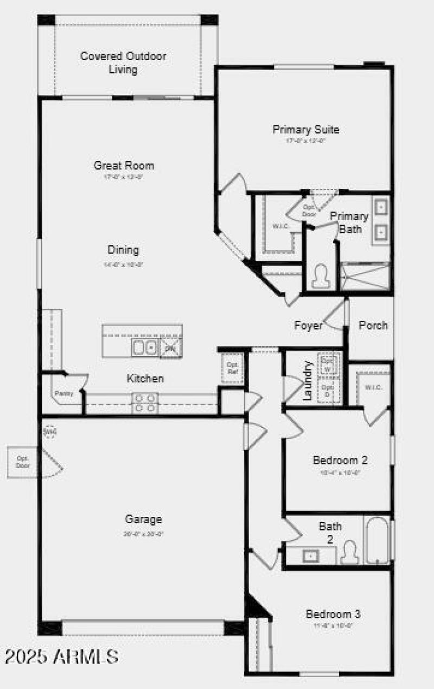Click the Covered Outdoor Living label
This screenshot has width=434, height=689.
[x=123, y=63]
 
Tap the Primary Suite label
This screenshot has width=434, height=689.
[x=306, y=130]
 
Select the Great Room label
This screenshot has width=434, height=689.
[x=124, y=165]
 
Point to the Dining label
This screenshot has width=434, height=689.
[x=123, y=250]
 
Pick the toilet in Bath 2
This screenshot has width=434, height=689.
[x=350, y=552]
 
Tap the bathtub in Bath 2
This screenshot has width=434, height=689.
[x=376, y=540]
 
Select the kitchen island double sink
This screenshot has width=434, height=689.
[x=144, y=347]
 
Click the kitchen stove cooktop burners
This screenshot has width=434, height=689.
[x=145, y=402]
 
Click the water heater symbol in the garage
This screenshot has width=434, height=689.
[x=50, y=431]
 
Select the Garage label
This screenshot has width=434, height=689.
[x=144, y=519]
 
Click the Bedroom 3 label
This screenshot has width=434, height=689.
[x=333, y=615]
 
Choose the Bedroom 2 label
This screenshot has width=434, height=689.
[x=340, y=461]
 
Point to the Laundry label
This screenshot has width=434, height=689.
[x=308, y=381]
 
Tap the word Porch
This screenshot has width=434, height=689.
[x=373, y=326]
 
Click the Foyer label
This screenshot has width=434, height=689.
[x=308, y=326]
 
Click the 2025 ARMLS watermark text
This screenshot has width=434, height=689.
[x=62, y=656]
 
